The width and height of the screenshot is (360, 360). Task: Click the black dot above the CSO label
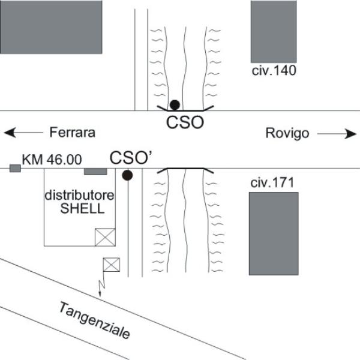[175, 105]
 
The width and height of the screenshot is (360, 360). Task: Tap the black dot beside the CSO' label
[127, 175]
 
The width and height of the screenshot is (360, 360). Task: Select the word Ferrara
[73, 133]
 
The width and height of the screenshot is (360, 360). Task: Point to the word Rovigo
[287, 133]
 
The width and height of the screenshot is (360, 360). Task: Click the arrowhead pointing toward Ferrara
[10, 133]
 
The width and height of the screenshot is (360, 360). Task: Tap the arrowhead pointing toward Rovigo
[350, 134]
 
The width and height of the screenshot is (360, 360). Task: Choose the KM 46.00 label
[52, 160]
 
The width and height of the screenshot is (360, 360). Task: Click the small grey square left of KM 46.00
[15, 168]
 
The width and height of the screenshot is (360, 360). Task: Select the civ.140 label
[274, 71]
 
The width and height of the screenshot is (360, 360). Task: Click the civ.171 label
[272, 183]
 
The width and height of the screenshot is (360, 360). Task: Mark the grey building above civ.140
[274, 31]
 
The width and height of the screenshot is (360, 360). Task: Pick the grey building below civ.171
[274, 234]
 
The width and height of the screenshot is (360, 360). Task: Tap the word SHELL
[82, 209]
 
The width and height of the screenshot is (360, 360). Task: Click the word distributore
[79, 196]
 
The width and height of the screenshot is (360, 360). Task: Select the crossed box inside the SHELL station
[105, 237]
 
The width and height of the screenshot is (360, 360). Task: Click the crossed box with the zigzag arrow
[112, 265]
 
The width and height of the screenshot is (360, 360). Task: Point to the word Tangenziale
[95, 320]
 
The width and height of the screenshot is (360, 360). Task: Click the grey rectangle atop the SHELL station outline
[95, 172]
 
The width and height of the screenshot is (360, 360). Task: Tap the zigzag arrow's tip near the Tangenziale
[100, 296]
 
